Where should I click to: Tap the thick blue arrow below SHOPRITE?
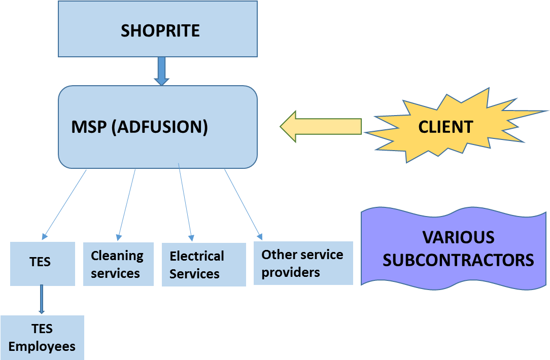pos(161,70)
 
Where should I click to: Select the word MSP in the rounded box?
pos(89,127)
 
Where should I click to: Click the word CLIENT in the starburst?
pos(445,127)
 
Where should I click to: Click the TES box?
pos(43,263)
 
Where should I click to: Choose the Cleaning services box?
pos(118,264)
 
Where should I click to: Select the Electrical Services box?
pos(203,265)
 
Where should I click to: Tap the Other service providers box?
pos(303,263)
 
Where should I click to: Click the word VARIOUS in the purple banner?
pos(458,237)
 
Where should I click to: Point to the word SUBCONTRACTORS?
pos(458,260)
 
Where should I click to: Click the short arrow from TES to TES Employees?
pos(42,300)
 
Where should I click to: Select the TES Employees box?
pos(42,338)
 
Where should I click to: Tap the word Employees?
pos(42,346)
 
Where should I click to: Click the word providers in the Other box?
pos(291,272)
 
